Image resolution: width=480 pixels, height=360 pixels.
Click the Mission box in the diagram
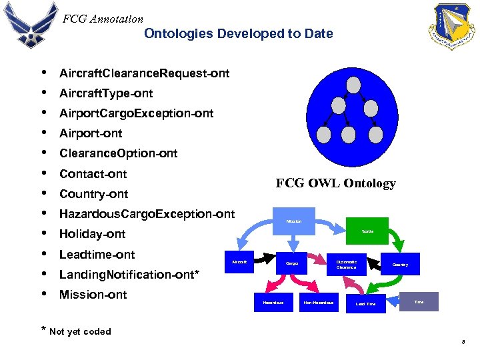pos(294,221)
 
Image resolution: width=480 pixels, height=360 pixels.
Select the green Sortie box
pos(367,231)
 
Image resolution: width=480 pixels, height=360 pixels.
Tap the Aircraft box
pos(239,262)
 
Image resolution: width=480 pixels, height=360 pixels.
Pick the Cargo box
pos(291,264)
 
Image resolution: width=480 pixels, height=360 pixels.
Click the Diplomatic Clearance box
pos(346,264)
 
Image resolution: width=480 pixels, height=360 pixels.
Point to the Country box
pos(400,265)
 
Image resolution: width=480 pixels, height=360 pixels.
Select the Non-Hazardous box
pos(318,303)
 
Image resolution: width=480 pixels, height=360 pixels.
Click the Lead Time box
pos(365,303)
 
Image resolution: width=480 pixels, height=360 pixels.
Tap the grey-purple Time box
pos(419,302)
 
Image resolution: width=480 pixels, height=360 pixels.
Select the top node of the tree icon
pos(354,85)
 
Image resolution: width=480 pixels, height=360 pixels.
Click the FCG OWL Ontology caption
pos(335,183)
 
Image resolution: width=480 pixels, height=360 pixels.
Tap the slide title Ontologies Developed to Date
pos(238,33)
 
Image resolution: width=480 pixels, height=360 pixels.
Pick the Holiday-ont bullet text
pos(92,234)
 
